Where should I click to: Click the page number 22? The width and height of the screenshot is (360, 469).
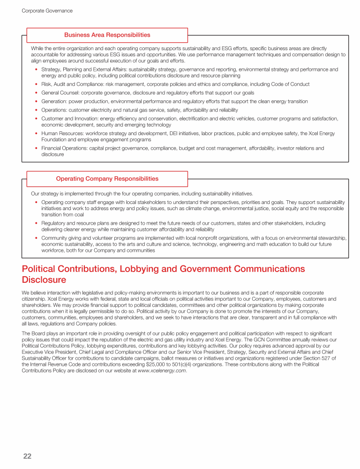tap(27, 456)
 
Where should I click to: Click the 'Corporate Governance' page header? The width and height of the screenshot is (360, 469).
tap(47, 10)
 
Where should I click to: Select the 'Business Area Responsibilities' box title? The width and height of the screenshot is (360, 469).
tap(107, 35)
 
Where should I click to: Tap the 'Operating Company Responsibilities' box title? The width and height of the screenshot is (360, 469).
tap(107, 179)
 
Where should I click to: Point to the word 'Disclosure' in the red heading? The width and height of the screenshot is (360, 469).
tap(44, 280)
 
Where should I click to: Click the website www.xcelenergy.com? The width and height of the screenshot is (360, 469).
tap(161, 371)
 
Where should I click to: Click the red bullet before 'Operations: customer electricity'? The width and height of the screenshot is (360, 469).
tap(37, 110)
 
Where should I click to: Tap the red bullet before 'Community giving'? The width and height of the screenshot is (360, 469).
tap(37, 238)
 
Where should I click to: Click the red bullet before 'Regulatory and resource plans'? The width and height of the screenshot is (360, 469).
tap(37, 223)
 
